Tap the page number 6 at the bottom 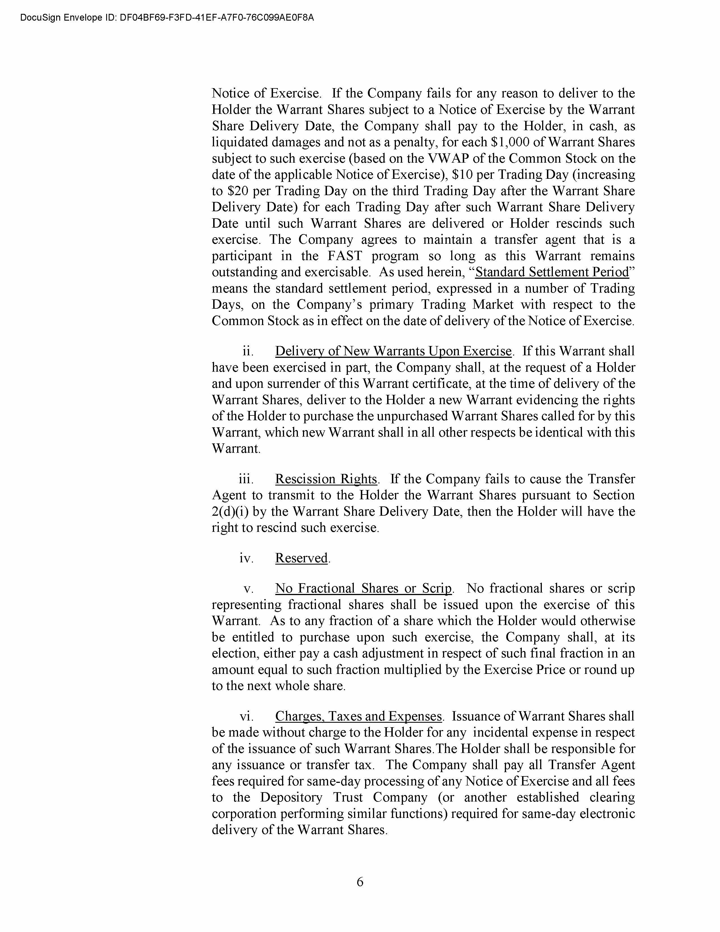pyautogui.click(x=359, y=881)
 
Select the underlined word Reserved pyautogui.click(x=302, y=558)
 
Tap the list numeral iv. pyautogui.click(x=246, y=558)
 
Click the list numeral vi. pyautogui.click(x=246, y=716)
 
